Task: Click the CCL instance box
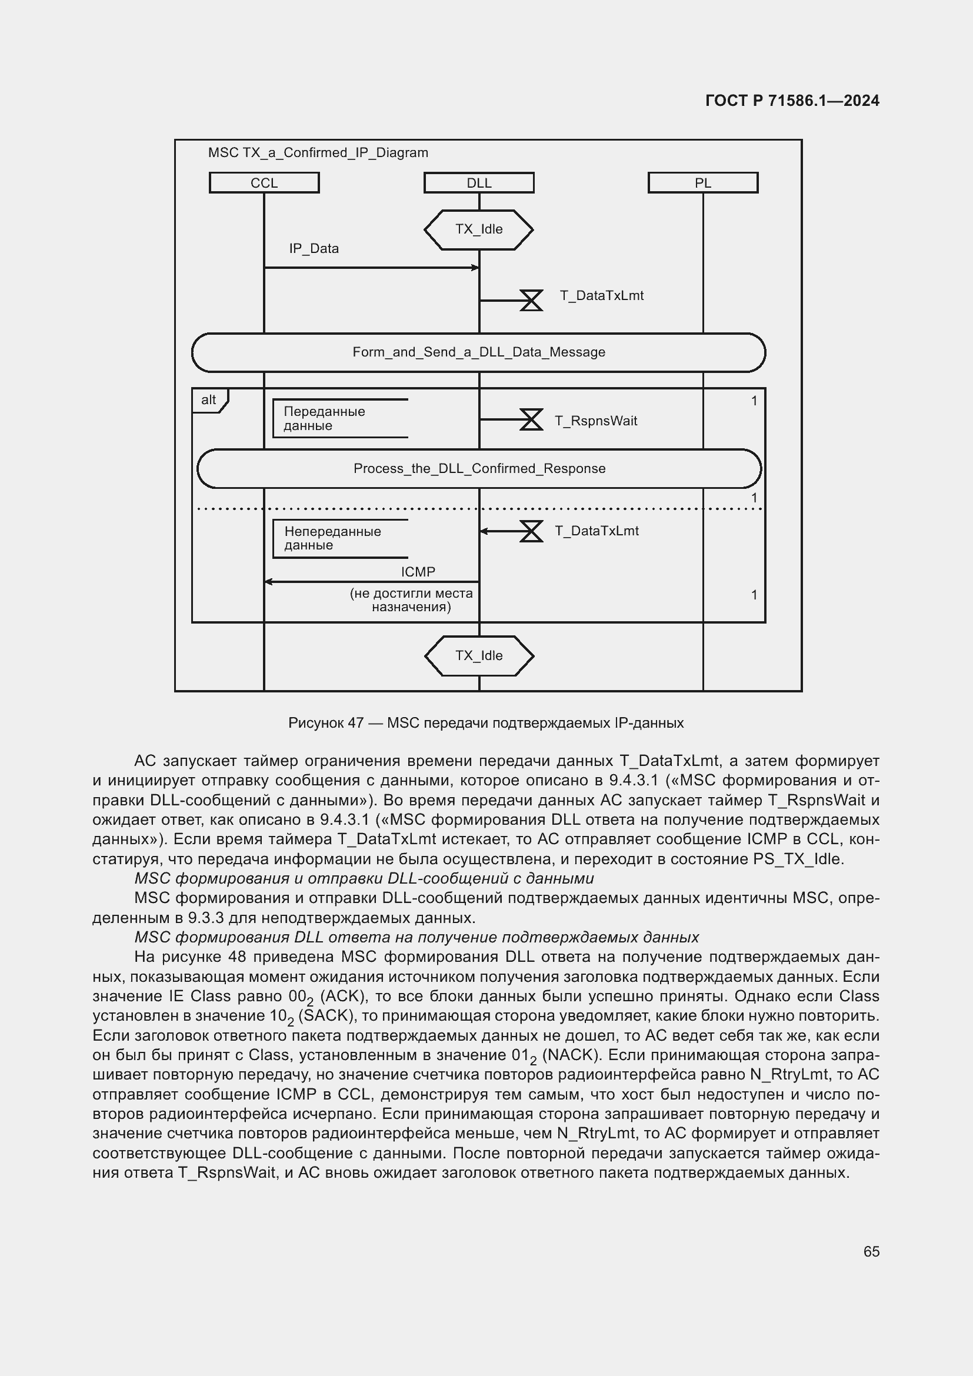(x=264, y=183)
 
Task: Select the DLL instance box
(x=479, y=183)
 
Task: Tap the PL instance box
(x=703, y=183)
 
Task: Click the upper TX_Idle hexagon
(x=479, y=229)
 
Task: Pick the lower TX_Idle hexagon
(x=479, y=655)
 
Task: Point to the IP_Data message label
(x=314, y=249)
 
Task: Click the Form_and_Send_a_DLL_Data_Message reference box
(x=479, y=352)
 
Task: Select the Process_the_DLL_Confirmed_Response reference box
(x=479, y=469)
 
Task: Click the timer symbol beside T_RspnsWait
(x=531, y=419)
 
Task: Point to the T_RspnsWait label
(x=596, y=421)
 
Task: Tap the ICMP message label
(x=418, y=572)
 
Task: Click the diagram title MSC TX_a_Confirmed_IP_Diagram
(x=318, y=153)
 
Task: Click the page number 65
(x=871, y=1251)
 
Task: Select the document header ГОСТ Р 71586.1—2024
(x=792, y=101)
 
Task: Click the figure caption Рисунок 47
(x=486, y=723)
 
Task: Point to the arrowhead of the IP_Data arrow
(x=476, y=268)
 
